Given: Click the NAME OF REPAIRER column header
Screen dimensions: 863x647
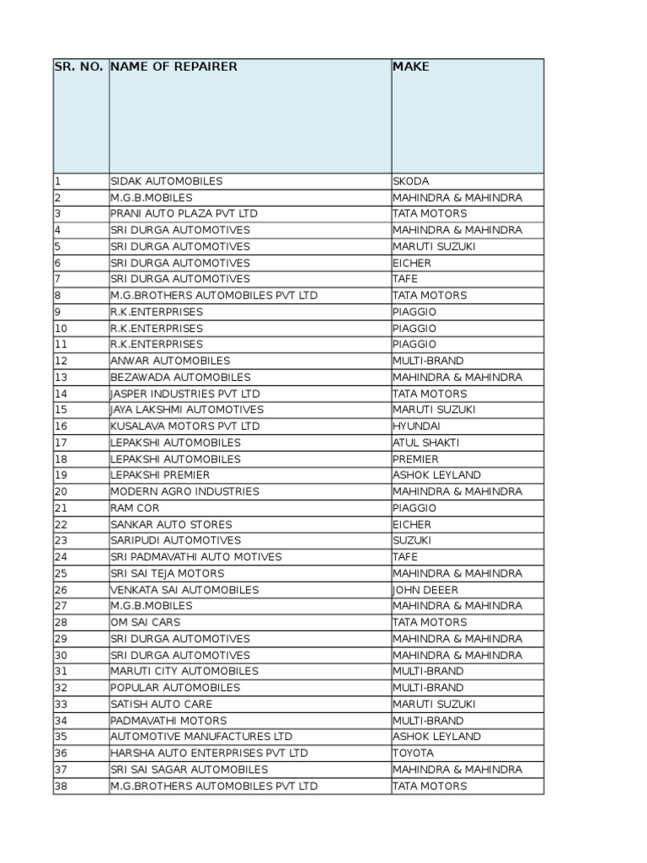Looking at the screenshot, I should pyautogui.click(x=174, y=67).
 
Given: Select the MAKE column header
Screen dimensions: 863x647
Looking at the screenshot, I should pyautogui.click(x=410, y=67).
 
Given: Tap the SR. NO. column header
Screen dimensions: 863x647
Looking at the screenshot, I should pyautogui.click(x=79, y=67).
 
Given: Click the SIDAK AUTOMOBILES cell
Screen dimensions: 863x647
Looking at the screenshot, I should pyautogui.click(x=167, y=181).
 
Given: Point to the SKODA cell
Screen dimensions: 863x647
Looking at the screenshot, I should pyautogui.click(x=411, y=181).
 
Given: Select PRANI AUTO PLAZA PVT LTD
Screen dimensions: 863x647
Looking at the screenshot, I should pyautogui.click(x=184, y=213).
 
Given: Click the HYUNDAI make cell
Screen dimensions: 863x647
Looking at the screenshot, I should pyautogui.click(x=416, y=426).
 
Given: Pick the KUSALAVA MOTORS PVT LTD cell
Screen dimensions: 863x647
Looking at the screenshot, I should pyautogui.click(x=185, y=426).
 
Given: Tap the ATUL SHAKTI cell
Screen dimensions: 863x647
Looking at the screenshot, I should pyautogui.click(x=426, y=442).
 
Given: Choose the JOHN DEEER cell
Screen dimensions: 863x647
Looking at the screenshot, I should pyautogui.click(x=425, y=590).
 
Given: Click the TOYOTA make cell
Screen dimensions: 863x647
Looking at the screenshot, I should pyautogui.click(x=414, y=753).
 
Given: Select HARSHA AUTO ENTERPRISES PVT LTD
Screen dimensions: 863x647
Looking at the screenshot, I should pyautogui.click(x=209, y=753).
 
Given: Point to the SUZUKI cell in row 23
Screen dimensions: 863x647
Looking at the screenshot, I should pyautogui.click(x=412, y=540).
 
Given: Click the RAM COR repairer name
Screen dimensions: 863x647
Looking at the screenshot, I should pyautogui.click(x=135, y=508).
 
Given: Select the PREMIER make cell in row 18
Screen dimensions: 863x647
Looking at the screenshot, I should pyautogui.click(x=415, y=459).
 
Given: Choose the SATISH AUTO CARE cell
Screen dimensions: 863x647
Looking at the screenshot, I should pyautogui.click(x=161, y=704).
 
